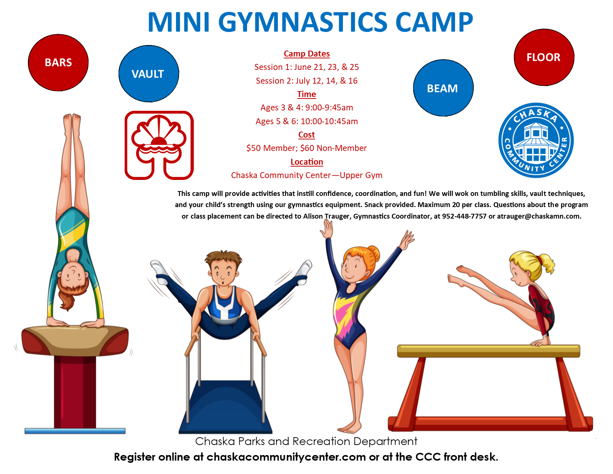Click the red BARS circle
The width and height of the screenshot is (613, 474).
click(x=58, y=62)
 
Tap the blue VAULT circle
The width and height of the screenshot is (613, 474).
click(x=149, y=74)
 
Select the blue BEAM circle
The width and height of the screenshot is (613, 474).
click(x=443, y=88)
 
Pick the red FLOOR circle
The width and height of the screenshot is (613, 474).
click(x=544, y=57)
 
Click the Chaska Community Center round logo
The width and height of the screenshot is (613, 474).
click(x=536, y=140)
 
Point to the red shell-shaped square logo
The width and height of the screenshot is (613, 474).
click(x=159, y=145)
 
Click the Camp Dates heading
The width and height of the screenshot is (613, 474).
click(x=306, y=54)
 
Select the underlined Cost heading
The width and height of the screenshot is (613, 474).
click(x=306, y=135)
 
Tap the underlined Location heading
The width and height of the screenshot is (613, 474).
click(x=306, y=162)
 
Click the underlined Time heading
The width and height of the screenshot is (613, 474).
click(x=306, y=94)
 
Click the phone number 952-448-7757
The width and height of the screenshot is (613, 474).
click(x=464, y=216)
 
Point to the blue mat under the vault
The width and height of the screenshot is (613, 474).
click(x=75, y=431)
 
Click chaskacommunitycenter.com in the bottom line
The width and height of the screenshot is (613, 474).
click(x=286, y=457)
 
